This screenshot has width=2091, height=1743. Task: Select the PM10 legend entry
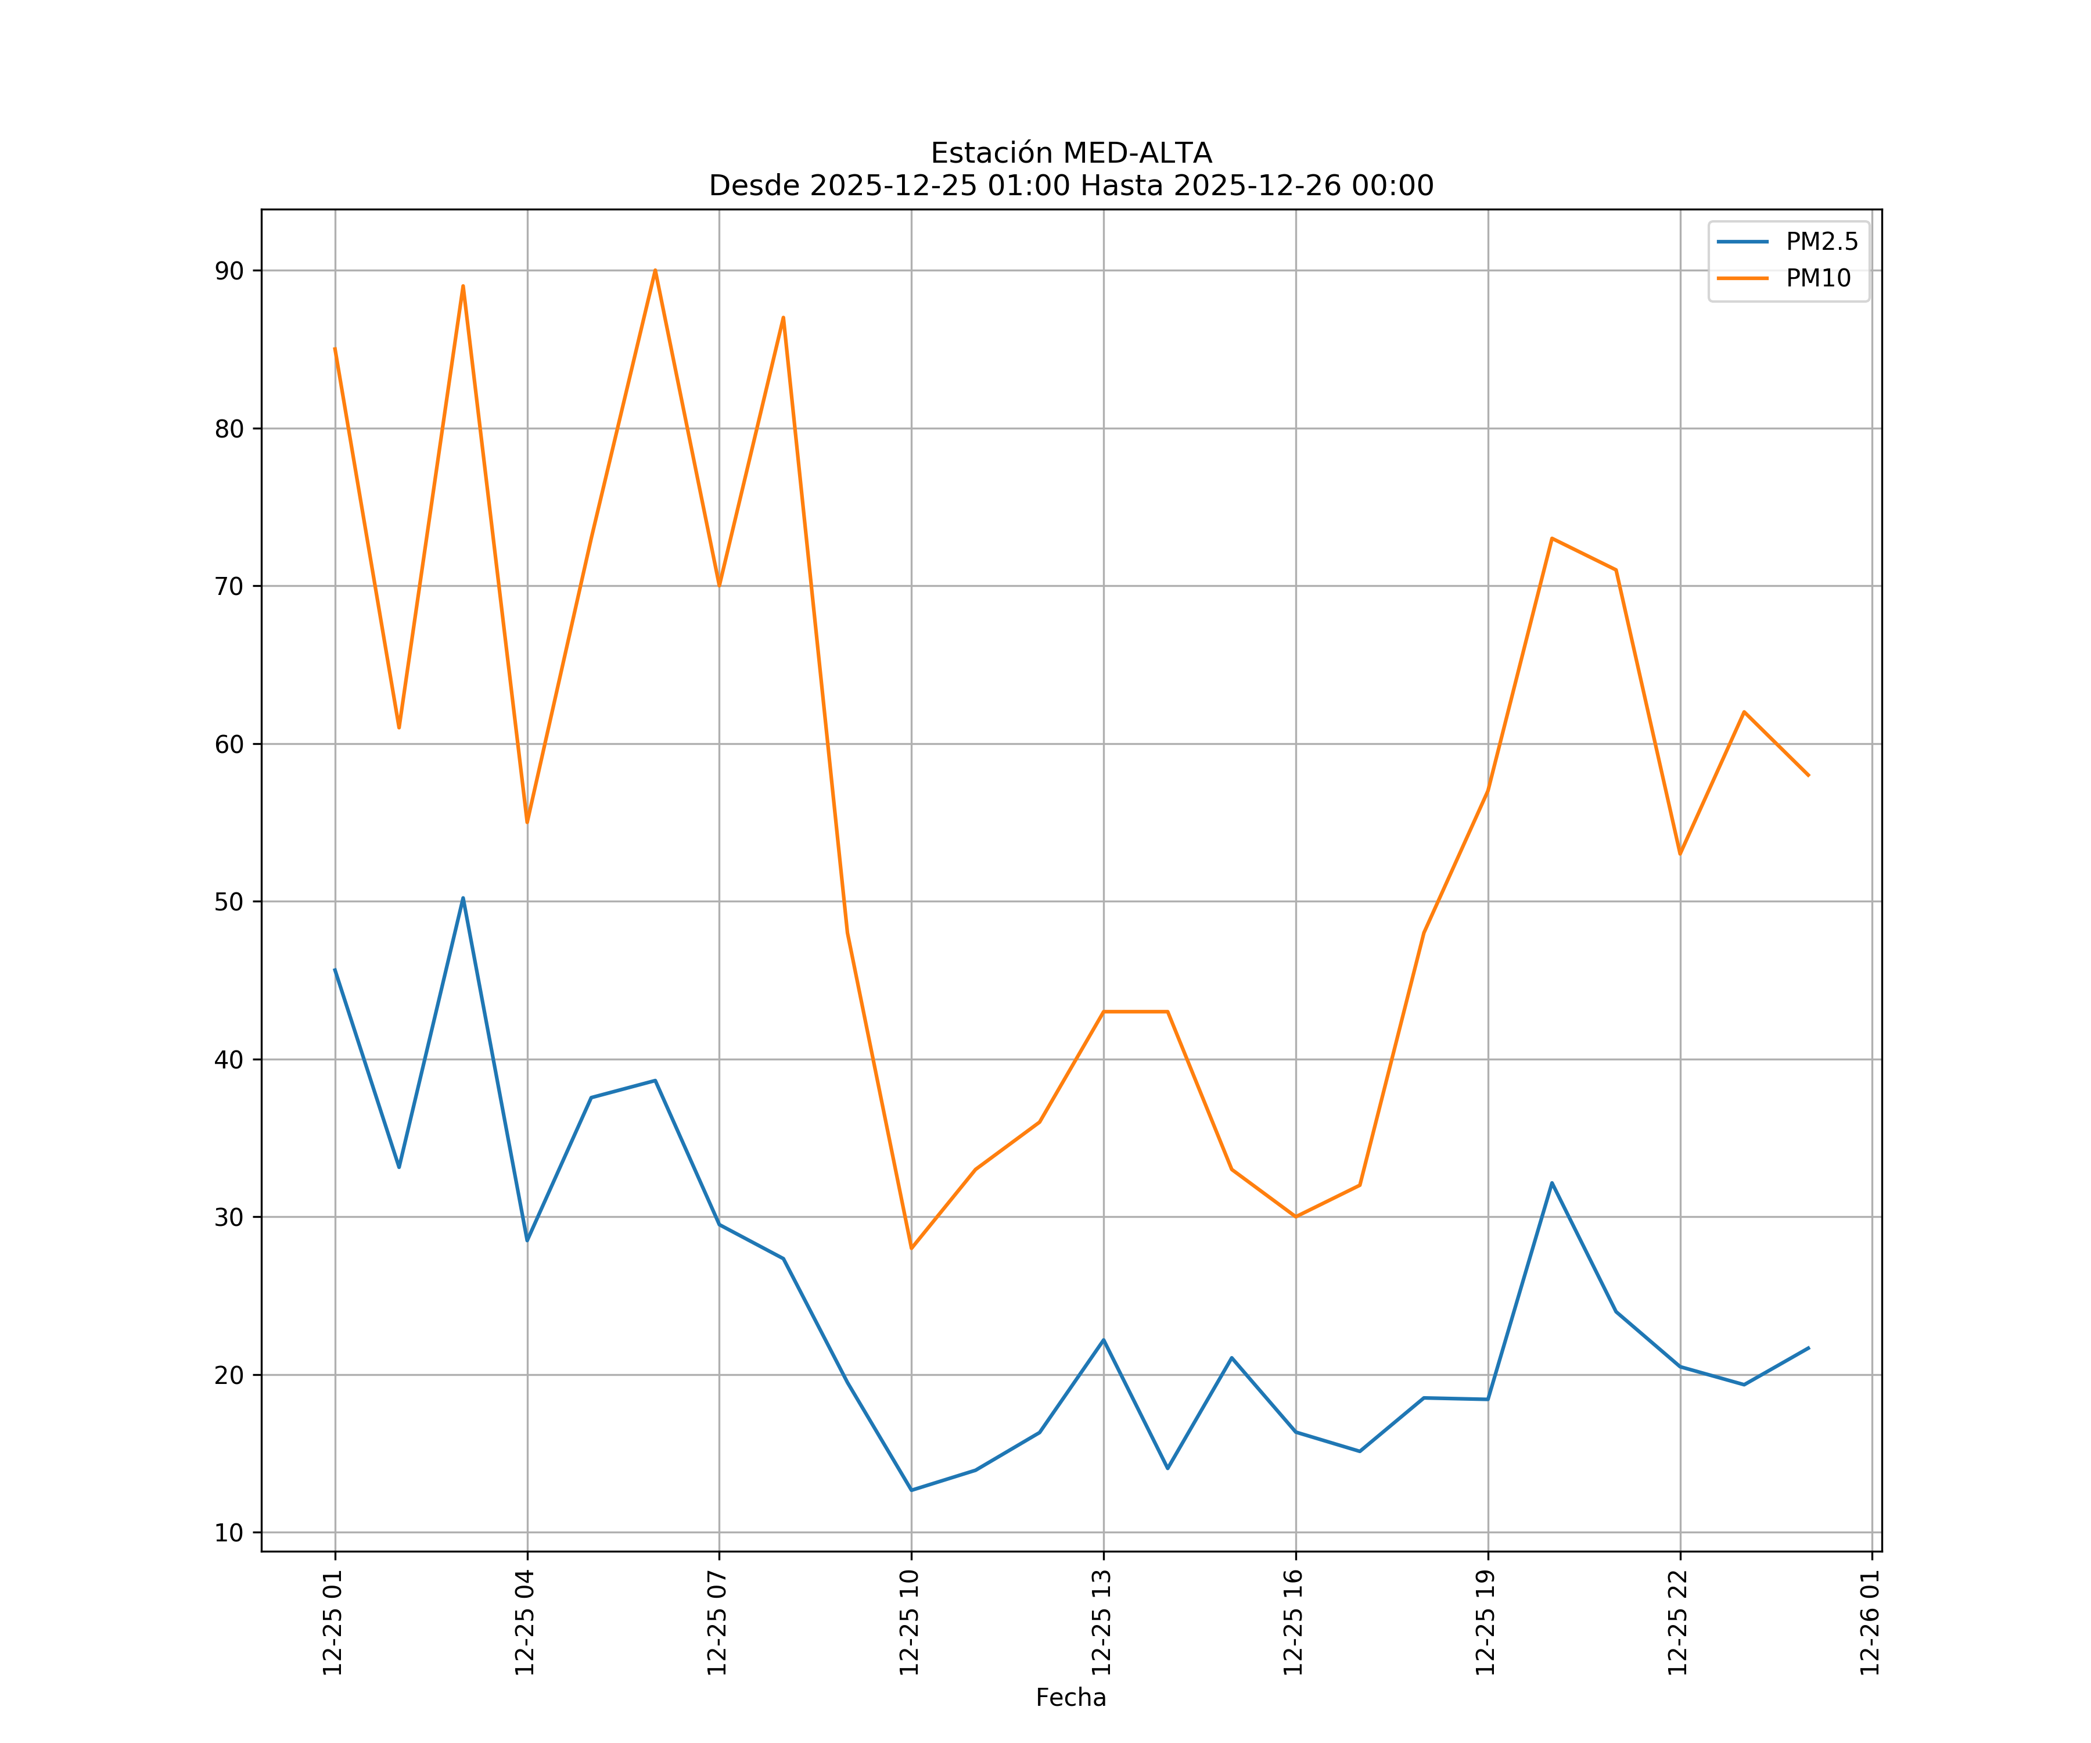[1818, 279]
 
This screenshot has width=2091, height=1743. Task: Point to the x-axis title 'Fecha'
[1070, 1697]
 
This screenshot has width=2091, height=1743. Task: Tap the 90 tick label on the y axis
[229, 271]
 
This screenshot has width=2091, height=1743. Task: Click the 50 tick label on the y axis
[229, 902]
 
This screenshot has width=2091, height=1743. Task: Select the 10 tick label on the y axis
[229, 1533]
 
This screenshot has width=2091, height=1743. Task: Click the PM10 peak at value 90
[655, 270]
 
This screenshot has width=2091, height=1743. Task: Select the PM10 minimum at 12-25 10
[911, 1248]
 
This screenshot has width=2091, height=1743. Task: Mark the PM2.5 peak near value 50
[463, 898]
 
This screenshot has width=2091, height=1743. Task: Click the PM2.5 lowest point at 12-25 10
[911, 1490]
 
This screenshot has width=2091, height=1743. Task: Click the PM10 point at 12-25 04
[527, 822]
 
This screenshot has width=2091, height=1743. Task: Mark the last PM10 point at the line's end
[1808, 775]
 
